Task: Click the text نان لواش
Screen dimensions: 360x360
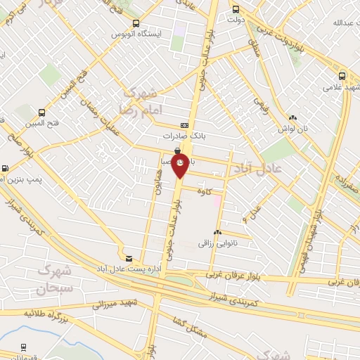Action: (x=292, y=129)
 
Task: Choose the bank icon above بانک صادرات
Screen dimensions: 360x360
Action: (x=184, y=124)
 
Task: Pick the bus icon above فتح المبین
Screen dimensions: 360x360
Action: (x=42, y=112)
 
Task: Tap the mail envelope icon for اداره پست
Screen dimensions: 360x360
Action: (x=128, y=258)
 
